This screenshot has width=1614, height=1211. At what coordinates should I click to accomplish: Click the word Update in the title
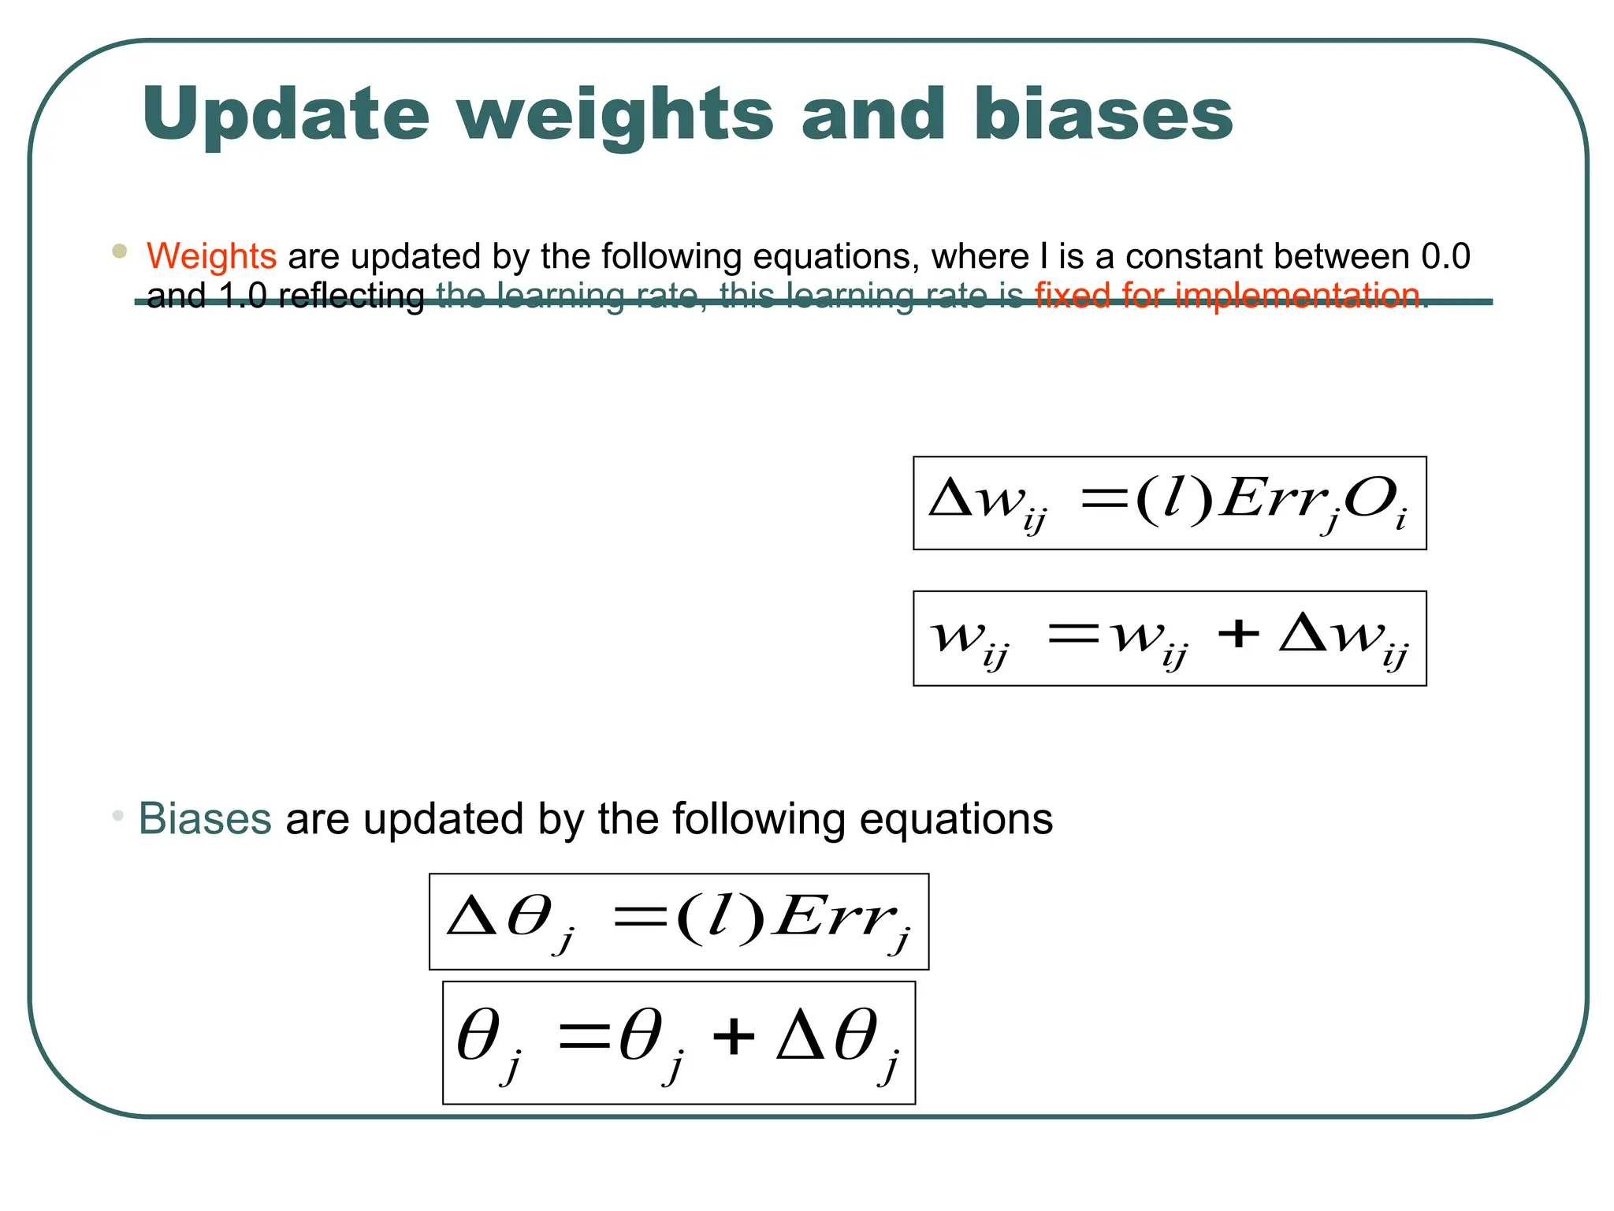pyautogui.click(x=286, y=115)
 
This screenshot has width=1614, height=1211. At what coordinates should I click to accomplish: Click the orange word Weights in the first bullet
pyautogui.click(x=211, y=256)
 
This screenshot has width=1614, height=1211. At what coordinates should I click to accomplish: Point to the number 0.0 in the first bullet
pyautogui.click(x=1445, y=256)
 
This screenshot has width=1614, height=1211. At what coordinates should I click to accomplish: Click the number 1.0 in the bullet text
pyautogui.click(x=243, y=296)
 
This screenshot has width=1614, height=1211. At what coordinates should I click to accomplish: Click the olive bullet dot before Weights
pyautogui.click(x=120, y=252)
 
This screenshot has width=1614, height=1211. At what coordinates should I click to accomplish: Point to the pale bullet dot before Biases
pyautogui.click(x=118, y=815)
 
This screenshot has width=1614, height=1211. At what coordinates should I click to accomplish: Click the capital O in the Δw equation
pyautogui.click(x=1368, y=499)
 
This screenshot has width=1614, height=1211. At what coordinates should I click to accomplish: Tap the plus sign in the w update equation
pyautogui.click(x=1239, y=633)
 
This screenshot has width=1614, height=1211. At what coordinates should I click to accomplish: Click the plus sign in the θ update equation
pyautogui.click(x=734, y=1036)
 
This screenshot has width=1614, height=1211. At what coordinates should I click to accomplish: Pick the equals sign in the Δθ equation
pyautogui.click(x=640, y=918)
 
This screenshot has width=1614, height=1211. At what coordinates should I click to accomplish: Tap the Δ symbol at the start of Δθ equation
pyautogui.click(x=470, y=917)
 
